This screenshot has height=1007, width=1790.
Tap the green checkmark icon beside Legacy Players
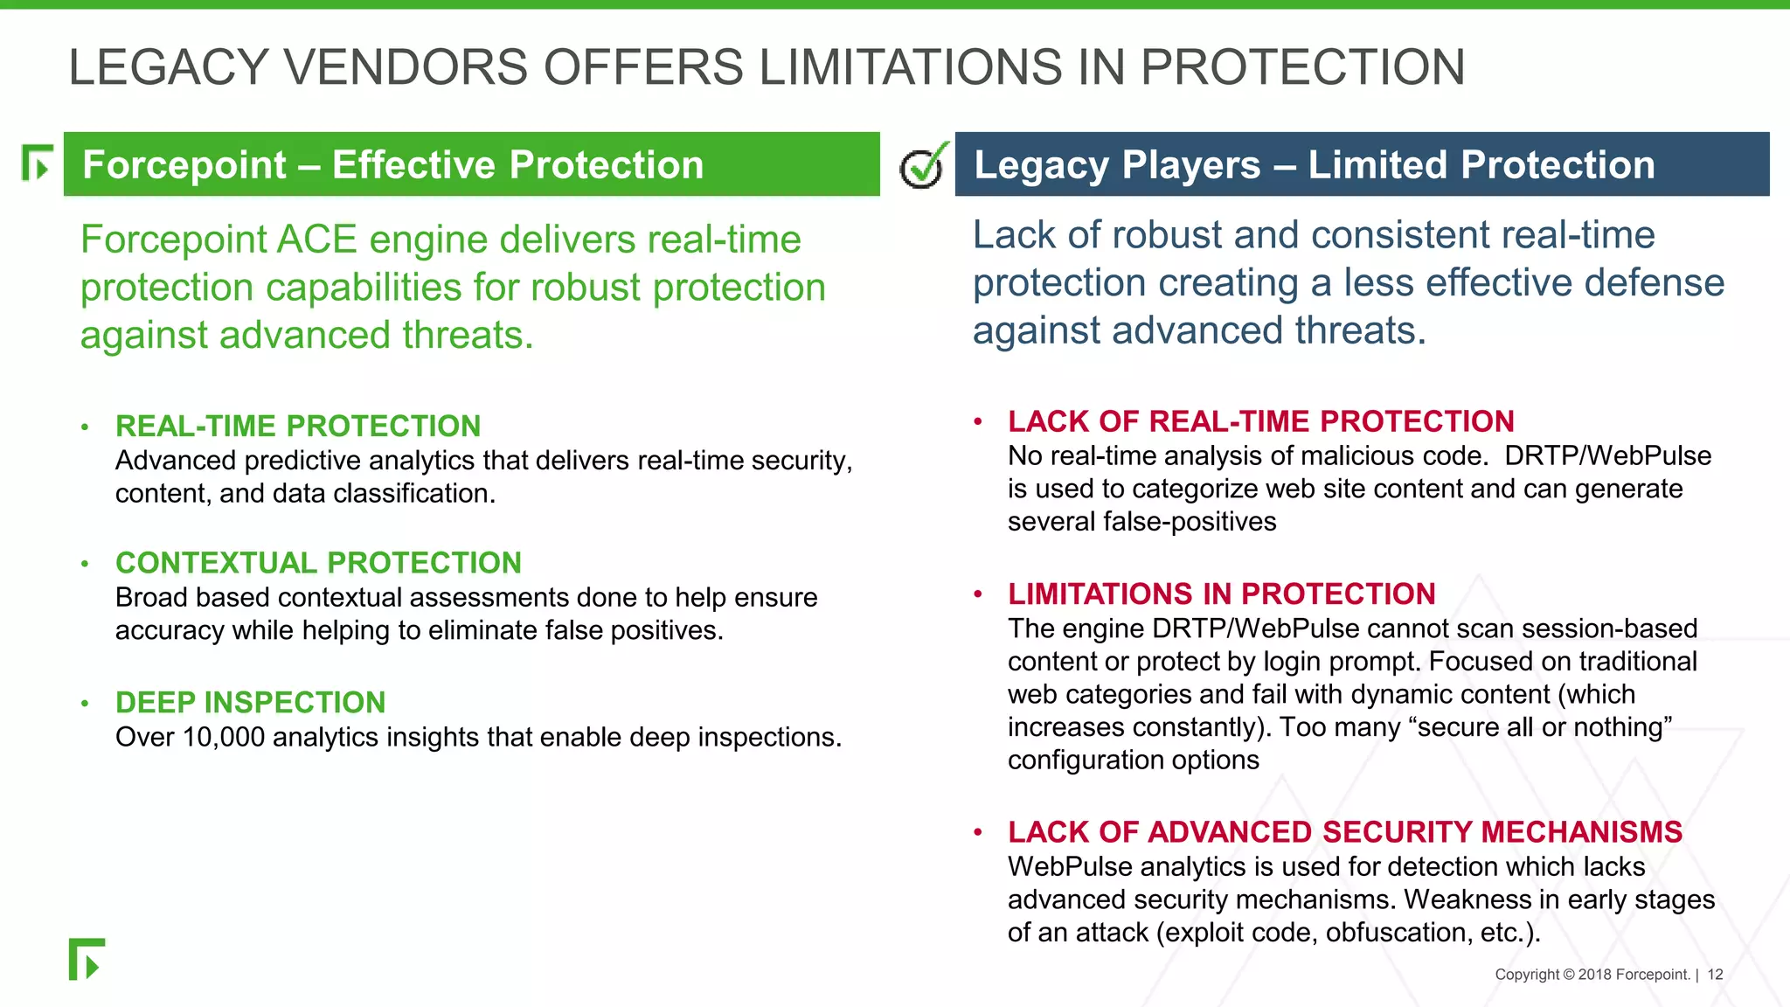924,165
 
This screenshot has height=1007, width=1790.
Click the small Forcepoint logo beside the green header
37,163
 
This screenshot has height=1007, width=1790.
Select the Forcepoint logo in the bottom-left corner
87,960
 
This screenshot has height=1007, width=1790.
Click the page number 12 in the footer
1715,975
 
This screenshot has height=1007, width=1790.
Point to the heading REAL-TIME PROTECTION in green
298,426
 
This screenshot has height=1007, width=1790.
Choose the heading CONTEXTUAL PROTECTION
318,563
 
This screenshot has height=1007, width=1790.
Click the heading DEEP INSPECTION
250,703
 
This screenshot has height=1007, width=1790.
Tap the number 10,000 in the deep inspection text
224,738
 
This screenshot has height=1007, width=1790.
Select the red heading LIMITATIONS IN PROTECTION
1221,594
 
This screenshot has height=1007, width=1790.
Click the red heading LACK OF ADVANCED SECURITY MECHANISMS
1344,832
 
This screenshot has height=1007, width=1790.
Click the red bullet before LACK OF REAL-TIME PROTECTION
978,422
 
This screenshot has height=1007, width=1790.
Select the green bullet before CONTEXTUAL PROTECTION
85,564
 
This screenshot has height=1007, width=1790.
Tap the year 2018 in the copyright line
1594,975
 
